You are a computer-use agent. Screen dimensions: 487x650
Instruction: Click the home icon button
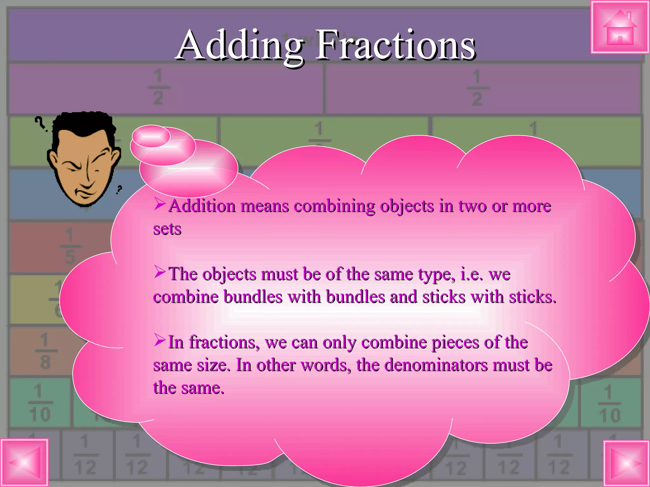point(620,28)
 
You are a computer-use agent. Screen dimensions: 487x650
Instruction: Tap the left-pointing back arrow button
point(24,463)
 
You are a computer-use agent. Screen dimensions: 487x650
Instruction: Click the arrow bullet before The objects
point(160,272)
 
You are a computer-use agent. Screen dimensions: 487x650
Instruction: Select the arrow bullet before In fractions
point(160,340)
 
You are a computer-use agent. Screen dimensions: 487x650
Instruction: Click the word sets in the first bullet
point(167,229)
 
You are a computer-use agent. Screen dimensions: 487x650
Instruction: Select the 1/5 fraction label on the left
point(70,246)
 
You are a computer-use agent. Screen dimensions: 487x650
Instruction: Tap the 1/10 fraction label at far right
point(609,404)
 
